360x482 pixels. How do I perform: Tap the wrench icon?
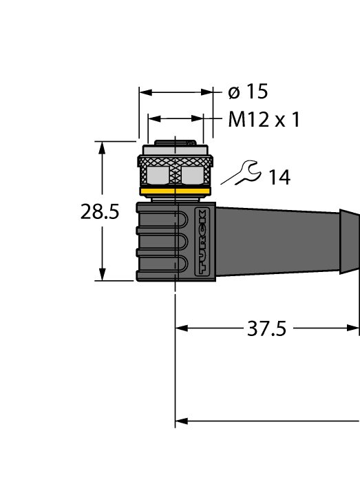246,172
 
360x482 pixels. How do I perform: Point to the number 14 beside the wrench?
279,178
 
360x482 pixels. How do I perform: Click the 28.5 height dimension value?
100,212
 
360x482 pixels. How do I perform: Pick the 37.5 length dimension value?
266,329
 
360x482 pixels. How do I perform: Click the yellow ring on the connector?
176,191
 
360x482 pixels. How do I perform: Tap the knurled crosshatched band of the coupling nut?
176,161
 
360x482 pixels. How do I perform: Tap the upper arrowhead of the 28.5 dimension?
103,147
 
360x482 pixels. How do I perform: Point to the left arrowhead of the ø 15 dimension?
145,92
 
